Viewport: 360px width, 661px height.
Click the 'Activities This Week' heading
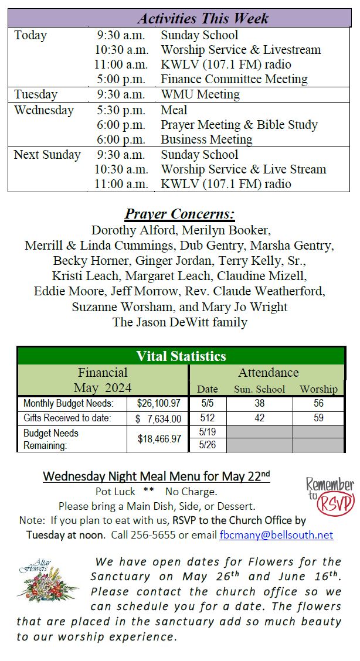(x=203, y=18)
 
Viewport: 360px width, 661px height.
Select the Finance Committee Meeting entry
(x=234, y=79)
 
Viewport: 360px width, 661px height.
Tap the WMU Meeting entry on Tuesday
(x=200, y=94)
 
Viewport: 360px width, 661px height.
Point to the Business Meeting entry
(x=206, y=139)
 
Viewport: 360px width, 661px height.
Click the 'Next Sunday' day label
(x=47, y=155)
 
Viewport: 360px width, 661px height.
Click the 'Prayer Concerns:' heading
(x=179, y=214)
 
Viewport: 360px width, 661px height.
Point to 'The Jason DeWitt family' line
(x=180, y=322)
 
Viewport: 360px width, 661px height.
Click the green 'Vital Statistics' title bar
(x=181, y=356)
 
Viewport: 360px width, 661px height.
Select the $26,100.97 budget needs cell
(x=158, y=404)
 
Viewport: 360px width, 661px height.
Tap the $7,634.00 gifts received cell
(x=158, y=418)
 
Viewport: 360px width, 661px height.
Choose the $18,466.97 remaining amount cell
(x=158, y=438)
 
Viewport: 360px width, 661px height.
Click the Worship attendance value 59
(x=318, y=418)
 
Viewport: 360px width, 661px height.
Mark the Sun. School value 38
(x=259, y=404)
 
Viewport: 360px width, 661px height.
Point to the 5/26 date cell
(x=208, y=445)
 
